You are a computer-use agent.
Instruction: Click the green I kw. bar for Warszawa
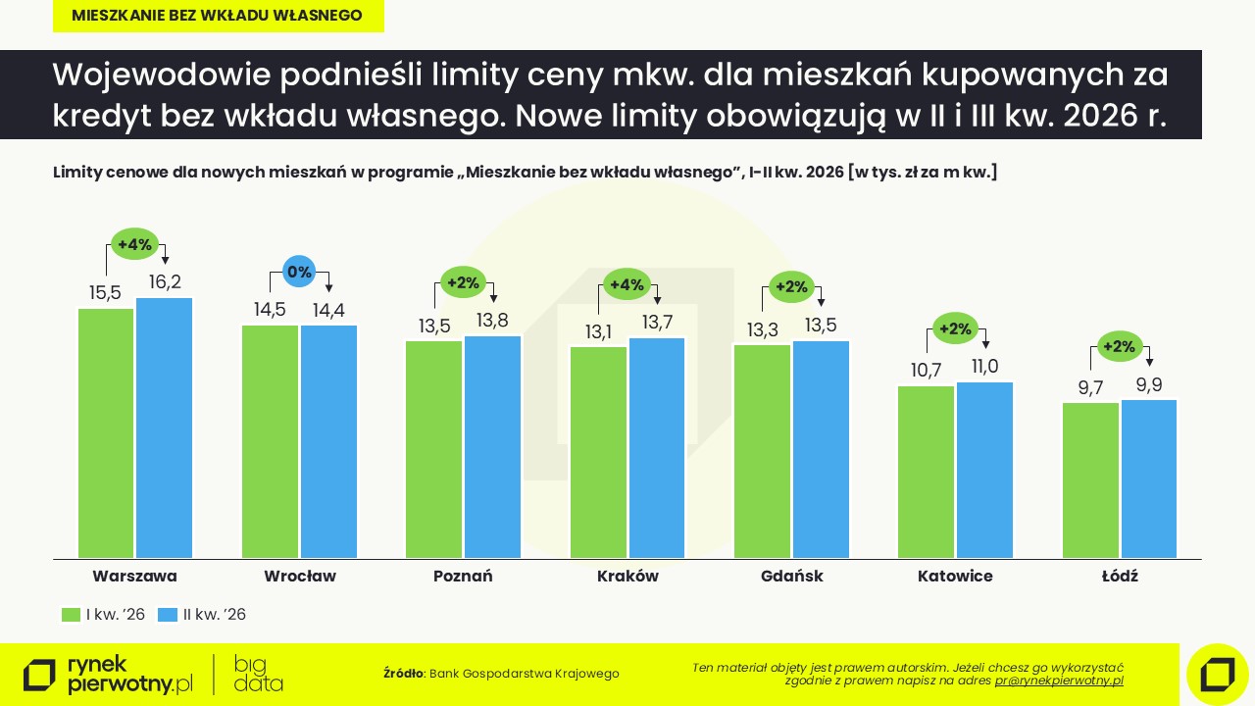[x=106, y=432]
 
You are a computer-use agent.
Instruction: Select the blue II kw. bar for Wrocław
[x=329, y=441]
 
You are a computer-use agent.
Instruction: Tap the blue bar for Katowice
[x=984, y=470]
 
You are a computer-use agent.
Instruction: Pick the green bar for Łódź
[x=1090, y=479]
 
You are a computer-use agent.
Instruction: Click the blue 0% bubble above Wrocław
[x=298, y=272]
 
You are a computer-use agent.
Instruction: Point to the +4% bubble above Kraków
[x=627, y=285]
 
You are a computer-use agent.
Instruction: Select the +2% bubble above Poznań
[x=463, y=283]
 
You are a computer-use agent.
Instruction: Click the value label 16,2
[x=164, y=282]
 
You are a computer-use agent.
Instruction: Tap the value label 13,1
[x=598, y=332]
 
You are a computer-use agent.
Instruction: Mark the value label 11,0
[x=984, y=367]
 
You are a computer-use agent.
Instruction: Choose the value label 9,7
[x=1090, y=388]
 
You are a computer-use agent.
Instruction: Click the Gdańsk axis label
[x=791, y=577]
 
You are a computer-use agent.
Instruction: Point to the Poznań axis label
[x=463, y=577]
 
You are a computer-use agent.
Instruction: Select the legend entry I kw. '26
[x=104, y=615]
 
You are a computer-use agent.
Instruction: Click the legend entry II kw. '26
[x=203, y=615]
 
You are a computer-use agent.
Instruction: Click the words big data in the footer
[x=259, y=674]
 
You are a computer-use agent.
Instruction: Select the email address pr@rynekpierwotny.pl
[x=1059, y=681]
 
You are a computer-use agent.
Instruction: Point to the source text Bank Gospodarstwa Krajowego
[x=525, y=674]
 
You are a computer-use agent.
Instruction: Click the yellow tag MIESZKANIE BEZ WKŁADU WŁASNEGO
[x=218, y=16]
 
